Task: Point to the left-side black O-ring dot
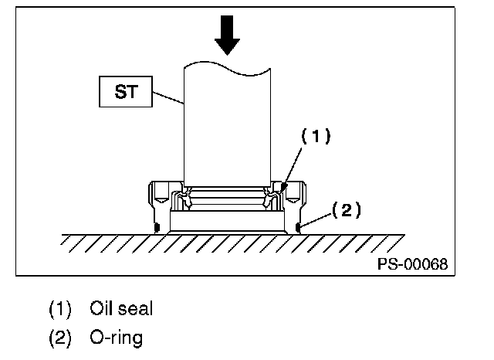tap(157, 226)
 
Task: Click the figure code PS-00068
tap(411, 263)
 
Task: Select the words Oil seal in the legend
tap(120, 310)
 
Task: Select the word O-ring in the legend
tap(116, 338)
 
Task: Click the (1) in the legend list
tap(60, 310)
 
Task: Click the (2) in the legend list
tap(60, 338)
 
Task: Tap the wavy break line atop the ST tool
tap(228, 72)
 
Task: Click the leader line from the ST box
tap(166, 99)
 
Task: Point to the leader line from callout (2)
tap(316, 219)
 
